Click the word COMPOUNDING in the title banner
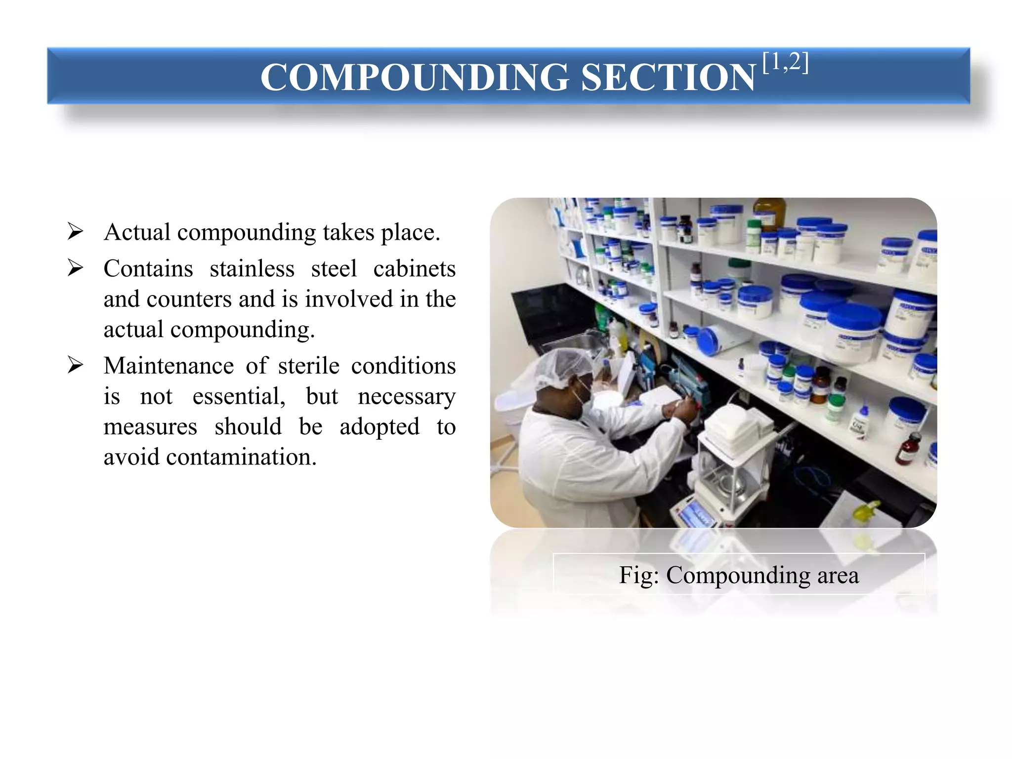[415, 78]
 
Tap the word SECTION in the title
[668, 78]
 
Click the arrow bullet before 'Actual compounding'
[75, 231]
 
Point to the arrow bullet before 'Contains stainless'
[75, 267]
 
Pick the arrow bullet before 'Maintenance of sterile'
[75, 365]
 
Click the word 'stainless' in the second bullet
[252, 269]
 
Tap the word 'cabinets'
[414, 269]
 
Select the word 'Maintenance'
[169, 366]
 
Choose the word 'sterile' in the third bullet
[308, 366]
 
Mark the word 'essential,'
[239, 397]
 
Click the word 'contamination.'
[241, 457]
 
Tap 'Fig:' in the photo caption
[638, 575]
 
